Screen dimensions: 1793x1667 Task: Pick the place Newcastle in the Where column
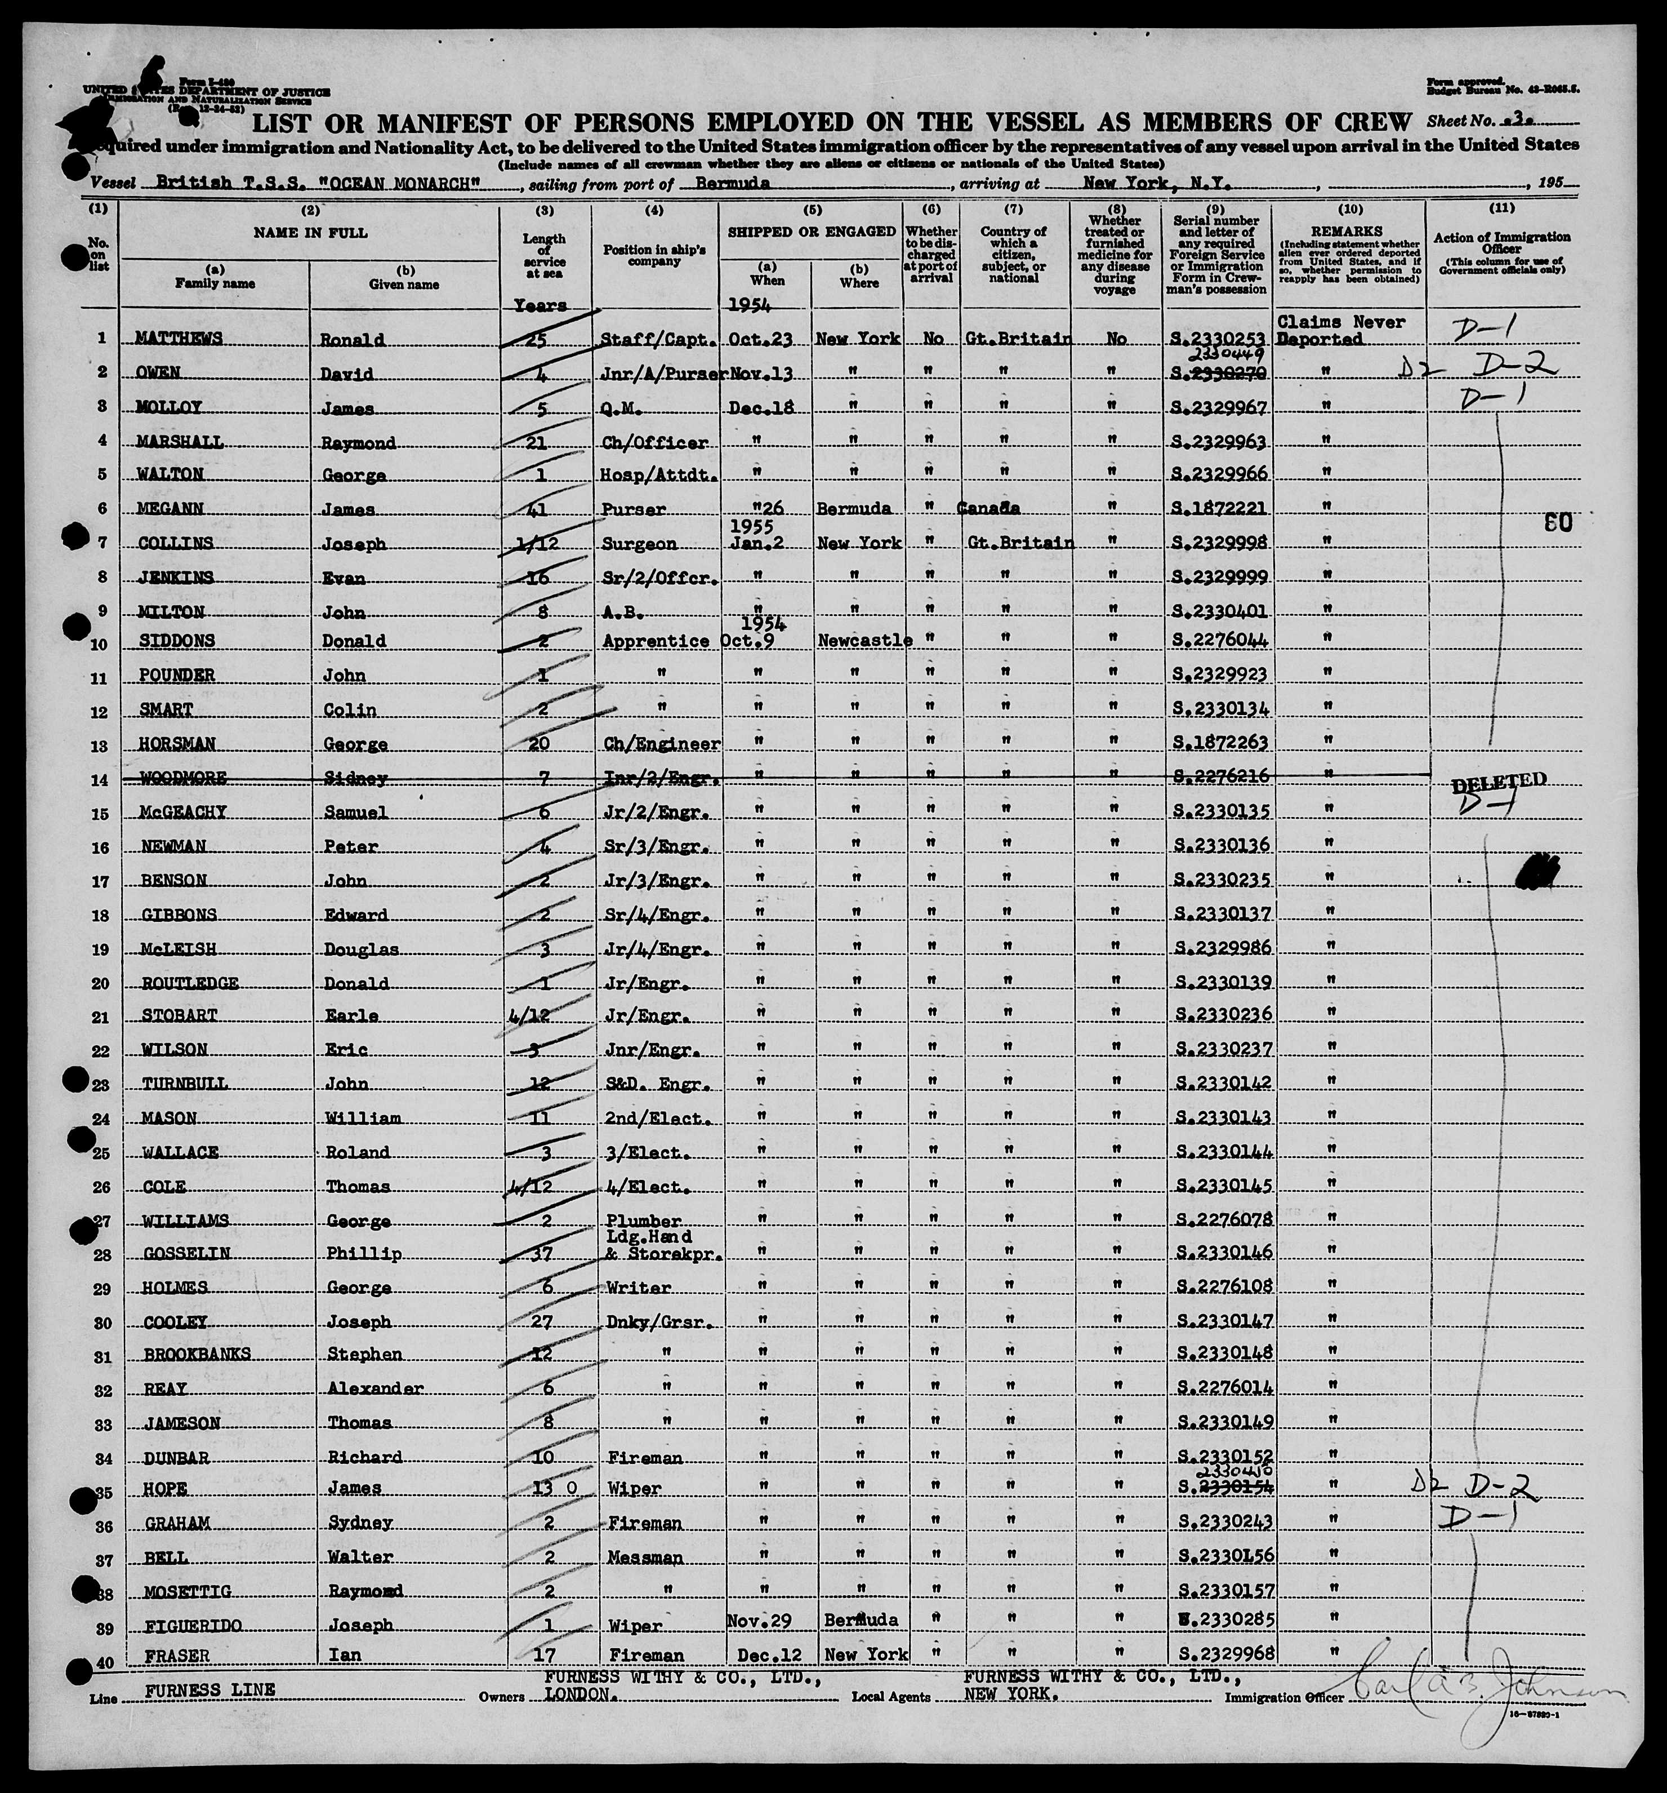click(x=864, y=641)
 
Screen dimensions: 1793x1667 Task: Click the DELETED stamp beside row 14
click(x=1499, y=781)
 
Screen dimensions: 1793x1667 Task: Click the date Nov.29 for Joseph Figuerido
click(x=759, y=1621)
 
